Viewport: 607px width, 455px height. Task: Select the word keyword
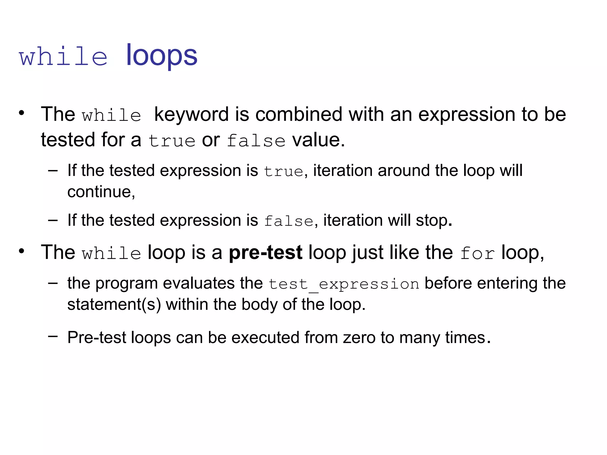pyautogui.click(x=191, y=115)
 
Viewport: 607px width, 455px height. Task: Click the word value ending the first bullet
pyautogui.click(x=318, y=140)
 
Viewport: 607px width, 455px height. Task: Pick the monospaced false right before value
pyautogui.click(x=256, y=141)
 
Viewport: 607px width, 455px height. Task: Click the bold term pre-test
pyautogui.click(x=266, y=252)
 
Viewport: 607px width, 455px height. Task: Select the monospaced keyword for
pyautogui.click(x=477, y=254)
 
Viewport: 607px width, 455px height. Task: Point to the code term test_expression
pyautogui.click(x=344, y=284)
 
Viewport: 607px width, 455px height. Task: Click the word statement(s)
pyautogui.click(x=114, y=305)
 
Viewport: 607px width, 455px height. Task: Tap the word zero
pyautogui.click(x=359, y=338)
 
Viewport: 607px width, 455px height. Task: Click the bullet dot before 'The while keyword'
pyautogui.click(x=21, y=113)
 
